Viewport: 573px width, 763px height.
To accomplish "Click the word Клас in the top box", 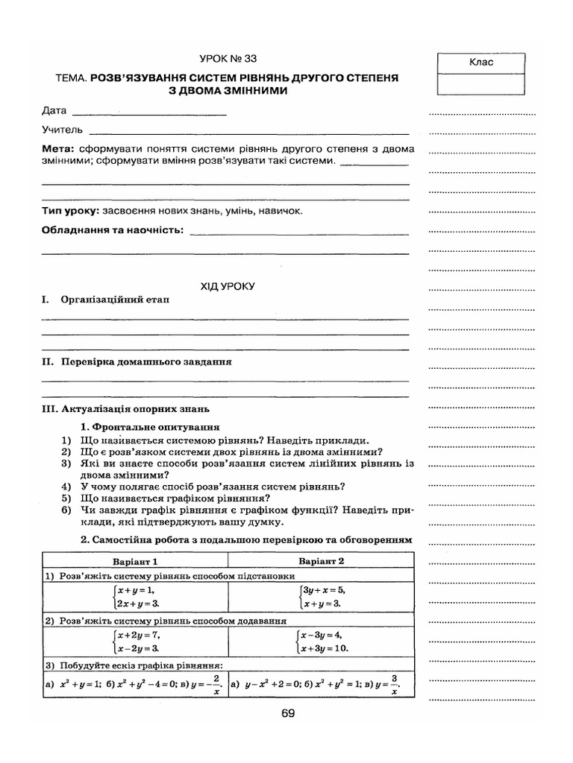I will (x=481, y=63).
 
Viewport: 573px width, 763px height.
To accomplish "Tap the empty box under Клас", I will (x=481, y=83).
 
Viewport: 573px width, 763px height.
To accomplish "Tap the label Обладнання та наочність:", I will (x=113, y=230).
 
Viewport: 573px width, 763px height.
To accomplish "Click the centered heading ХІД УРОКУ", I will (x=228, y=285).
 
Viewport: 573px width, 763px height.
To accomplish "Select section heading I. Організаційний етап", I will (x=105, y=300).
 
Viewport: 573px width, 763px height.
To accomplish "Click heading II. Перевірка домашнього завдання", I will (x=137, y=362).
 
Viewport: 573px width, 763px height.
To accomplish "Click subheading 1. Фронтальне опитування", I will (x=149, y=428).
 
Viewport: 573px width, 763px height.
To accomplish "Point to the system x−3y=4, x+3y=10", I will (x=322, y=642).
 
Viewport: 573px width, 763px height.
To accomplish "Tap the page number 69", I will (x=289, y=713).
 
